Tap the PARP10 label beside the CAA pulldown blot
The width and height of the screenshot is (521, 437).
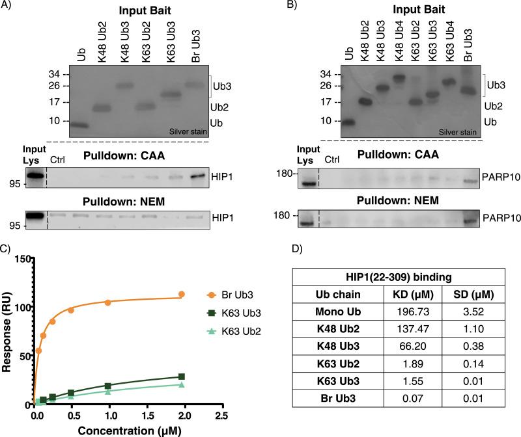499,177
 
